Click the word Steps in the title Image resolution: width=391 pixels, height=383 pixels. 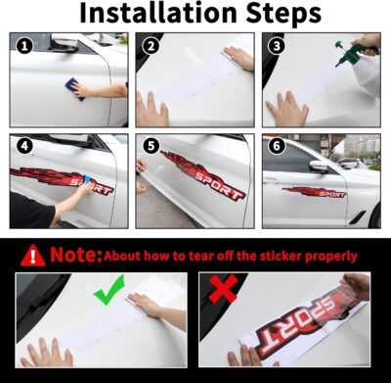pos(277,15)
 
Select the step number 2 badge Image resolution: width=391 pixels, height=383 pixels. pos(151,46)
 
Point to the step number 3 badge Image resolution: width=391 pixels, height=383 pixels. pos(277,46)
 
